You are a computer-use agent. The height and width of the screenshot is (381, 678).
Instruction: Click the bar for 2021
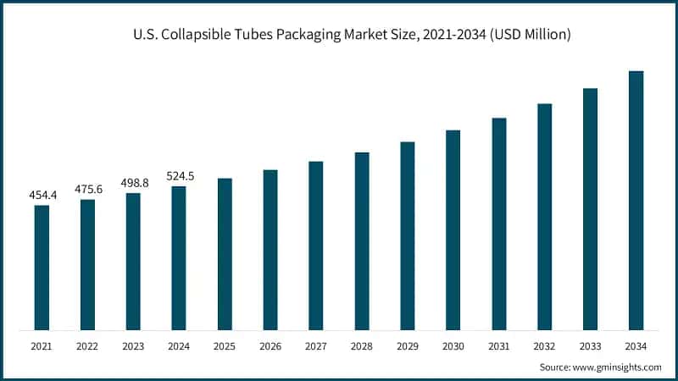[x=42, y=268]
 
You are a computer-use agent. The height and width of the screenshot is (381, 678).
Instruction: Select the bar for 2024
[x=179, y=258]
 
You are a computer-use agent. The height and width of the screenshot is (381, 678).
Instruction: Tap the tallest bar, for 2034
[x=636, y=201]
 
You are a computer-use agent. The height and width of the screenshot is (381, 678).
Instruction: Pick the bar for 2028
[x=362, y=241]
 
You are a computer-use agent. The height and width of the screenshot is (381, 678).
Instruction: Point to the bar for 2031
[x=499, y=224]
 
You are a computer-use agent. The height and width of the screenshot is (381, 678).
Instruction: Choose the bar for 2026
[x=270, y=250]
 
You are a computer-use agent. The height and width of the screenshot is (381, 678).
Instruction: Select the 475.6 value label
[x=87, y=189]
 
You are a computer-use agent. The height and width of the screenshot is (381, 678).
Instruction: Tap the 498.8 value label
[x=133, y=182]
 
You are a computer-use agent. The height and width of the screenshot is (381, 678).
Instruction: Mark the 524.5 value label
[x=179, y=176]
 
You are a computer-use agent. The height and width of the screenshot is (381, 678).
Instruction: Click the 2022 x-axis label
[x=87, y=345]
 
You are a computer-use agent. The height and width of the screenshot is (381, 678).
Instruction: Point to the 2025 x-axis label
[x=225, y=345]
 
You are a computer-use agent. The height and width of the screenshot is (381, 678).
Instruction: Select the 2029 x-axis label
[x=408, y=345]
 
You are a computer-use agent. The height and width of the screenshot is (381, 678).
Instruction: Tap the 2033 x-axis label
[x=591, y=345]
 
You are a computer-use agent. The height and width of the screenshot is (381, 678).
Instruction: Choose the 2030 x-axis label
[x=453, y=345]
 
